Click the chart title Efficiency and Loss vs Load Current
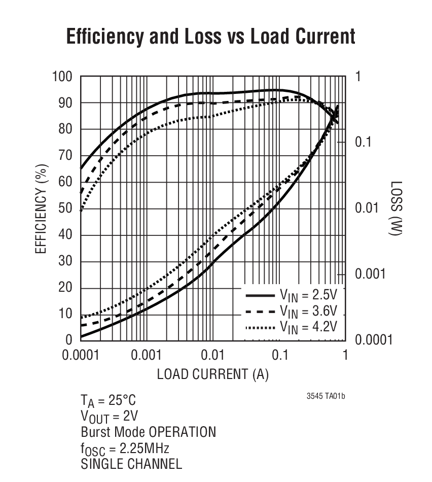[210, 37]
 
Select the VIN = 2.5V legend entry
[292, 295]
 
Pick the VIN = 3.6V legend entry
[292, 311]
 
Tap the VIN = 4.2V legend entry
[292, 326]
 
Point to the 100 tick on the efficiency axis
[62, 77]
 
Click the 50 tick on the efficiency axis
[66, 209]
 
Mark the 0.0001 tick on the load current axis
[81, 355]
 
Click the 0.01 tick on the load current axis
[213, 355]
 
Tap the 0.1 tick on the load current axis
[279, 355]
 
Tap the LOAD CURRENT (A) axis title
[212, 374]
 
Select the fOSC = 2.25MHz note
[125, 449]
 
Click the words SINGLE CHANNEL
[131, 464]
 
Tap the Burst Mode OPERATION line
[148, 432]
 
